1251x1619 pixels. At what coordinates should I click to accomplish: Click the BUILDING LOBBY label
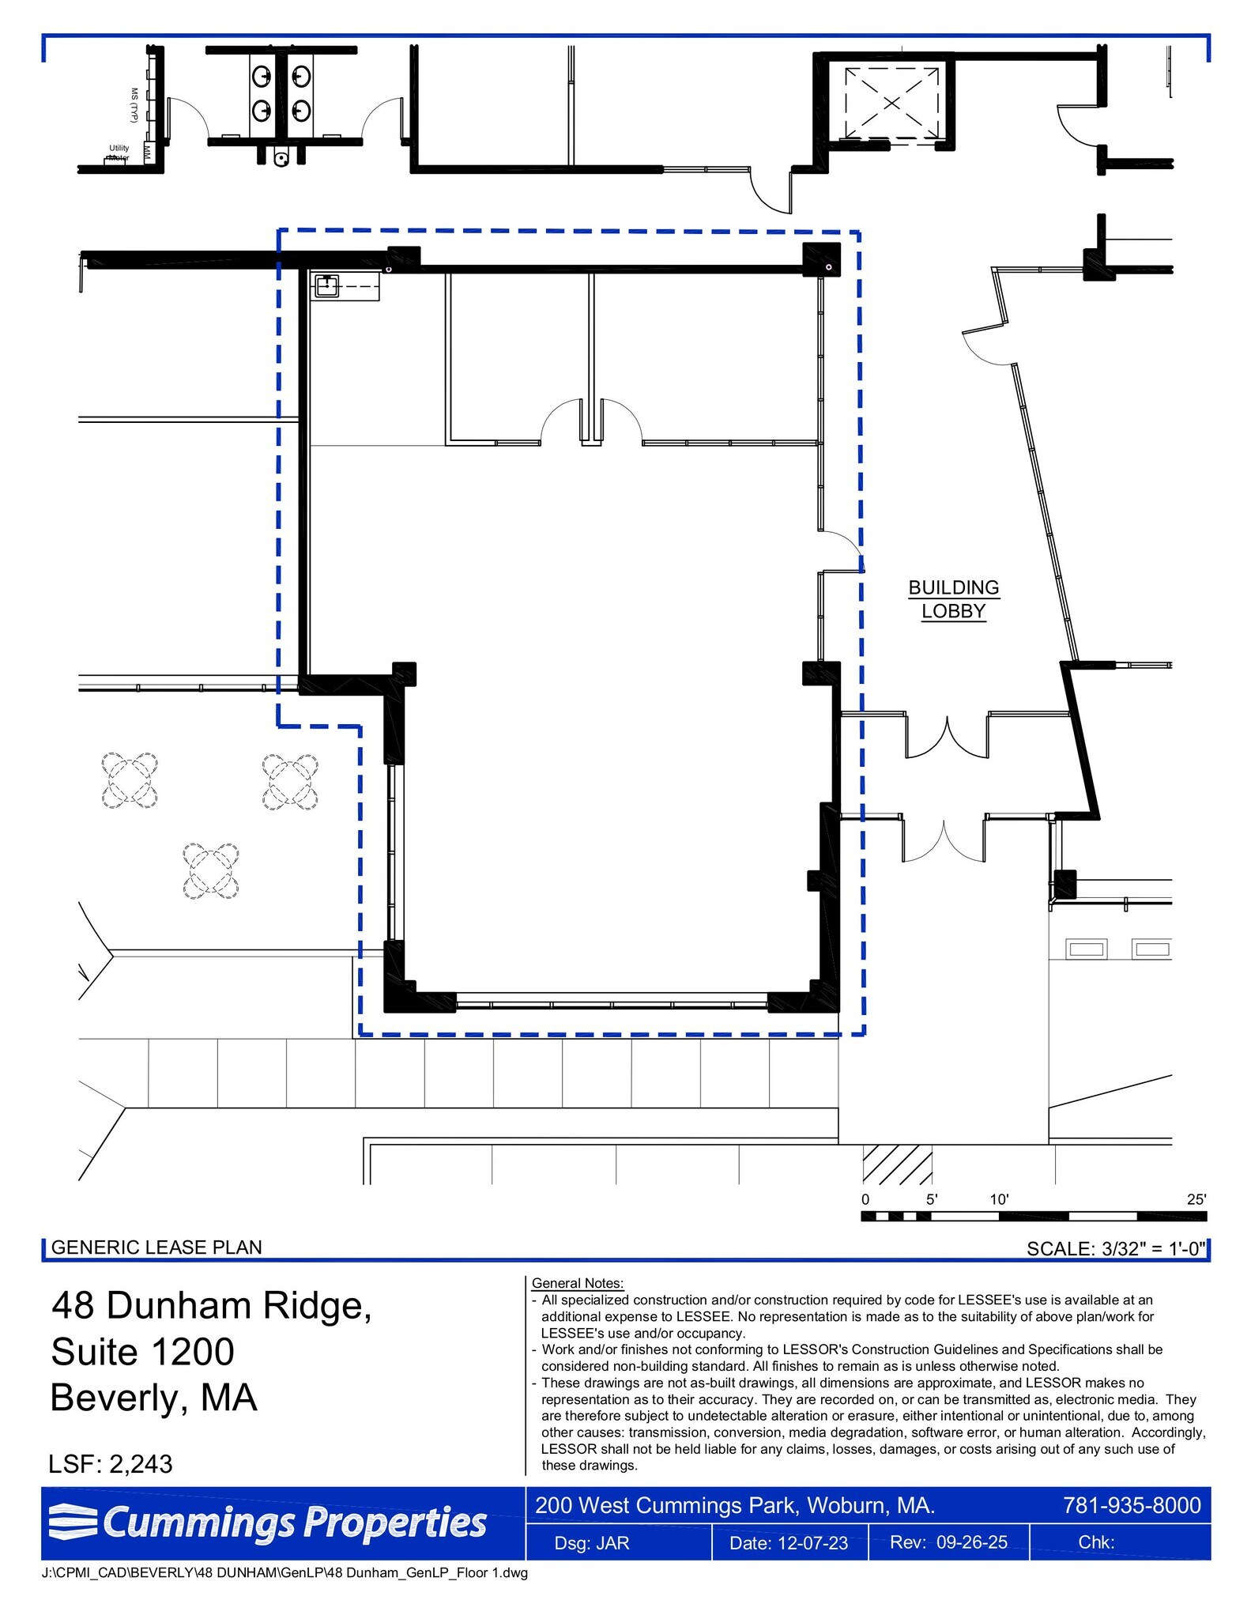(953, 599)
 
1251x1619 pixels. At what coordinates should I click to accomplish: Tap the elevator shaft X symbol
(891, 103)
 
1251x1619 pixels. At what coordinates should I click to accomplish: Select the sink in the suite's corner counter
(326, 285)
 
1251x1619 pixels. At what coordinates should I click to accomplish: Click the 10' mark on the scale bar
(999, 1199)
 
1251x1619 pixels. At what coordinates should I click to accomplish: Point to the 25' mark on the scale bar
(1196, 1199)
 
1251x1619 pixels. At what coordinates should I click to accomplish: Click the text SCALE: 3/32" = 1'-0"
(1115, 1248)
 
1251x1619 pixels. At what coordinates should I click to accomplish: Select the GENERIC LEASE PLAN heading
(156, 1247)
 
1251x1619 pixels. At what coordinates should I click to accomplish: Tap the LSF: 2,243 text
(111, 1463)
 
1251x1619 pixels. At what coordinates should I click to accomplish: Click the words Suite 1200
(143, 1351)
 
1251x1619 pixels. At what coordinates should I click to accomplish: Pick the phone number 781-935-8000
(1132, 1505)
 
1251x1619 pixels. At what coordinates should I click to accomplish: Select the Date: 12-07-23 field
(788, 1543)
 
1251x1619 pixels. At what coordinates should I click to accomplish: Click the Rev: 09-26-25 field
(948, 1542)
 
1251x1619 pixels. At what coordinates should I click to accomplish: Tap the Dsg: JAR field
(592, 1543)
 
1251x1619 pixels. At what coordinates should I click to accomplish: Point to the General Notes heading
(578, 1283)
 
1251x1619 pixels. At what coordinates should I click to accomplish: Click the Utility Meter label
(119, 153)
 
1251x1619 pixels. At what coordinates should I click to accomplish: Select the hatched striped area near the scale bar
(897, 1164)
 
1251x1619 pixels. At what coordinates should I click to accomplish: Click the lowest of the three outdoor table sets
(211, 871)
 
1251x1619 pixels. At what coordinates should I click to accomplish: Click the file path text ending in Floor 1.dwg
(284, 1572)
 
